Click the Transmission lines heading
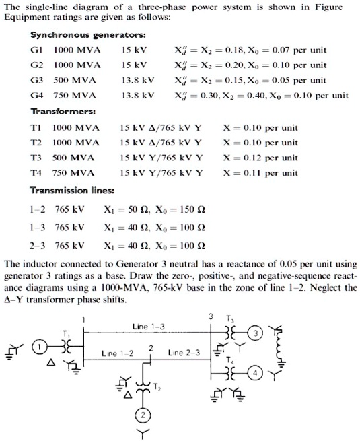pos(74,189)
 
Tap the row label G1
pos(38,50)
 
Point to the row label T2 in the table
pos(38,143)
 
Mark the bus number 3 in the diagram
pos(210,316)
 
